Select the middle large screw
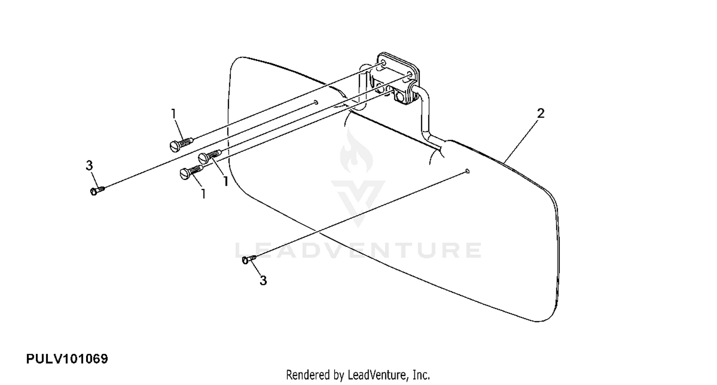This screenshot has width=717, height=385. [x=210, y=156]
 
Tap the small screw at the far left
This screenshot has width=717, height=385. [x=97, y=191]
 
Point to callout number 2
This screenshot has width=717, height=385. [x=541, y=114]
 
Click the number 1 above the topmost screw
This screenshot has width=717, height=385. [x=174, y=114]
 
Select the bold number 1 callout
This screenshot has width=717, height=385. [x=225, y=182]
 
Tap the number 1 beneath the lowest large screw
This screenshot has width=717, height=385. [x=204, y=194]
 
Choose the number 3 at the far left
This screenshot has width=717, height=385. [x=89, y=166]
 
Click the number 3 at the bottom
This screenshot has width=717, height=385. [x=263, y=281]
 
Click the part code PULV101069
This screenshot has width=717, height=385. [x=67, y=359]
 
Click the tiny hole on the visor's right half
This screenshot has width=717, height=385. [x=467, y=171]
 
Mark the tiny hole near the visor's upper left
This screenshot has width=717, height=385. [x=316, y=102]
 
